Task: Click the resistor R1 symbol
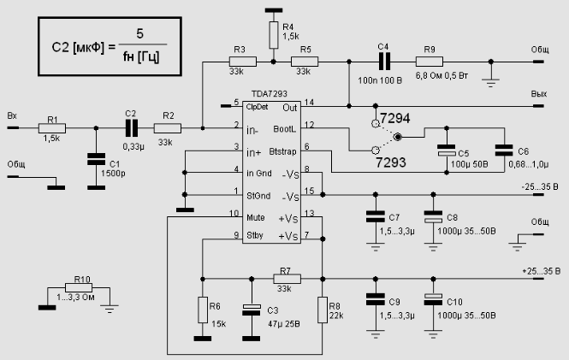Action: [x=51, y=128]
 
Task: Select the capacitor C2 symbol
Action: [x=131, y=128]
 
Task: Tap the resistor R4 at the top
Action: [x=273, y=35]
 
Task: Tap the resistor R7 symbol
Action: [x=284, y=278]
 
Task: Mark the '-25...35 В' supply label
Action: [x=541, y=186]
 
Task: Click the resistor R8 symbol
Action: [x=323, y=310]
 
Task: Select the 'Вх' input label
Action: [x=12, y=115]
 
